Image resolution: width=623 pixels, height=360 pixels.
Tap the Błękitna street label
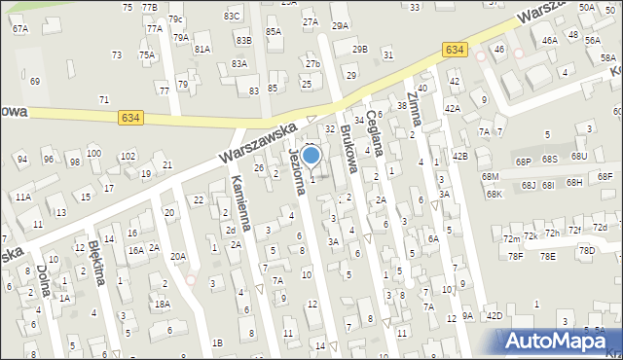pos(96,262)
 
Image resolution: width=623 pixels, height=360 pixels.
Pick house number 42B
pos(459,156)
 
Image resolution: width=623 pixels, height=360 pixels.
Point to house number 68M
pos(490,176)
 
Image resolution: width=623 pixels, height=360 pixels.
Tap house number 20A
pos(177,257)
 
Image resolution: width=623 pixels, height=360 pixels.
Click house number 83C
pos(231,17)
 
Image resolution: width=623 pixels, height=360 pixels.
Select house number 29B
pos(359,49)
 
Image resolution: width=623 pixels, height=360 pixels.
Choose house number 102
pos(127,157)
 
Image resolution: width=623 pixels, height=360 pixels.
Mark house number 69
pos(35,81)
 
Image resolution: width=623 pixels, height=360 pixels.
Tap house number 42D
pos(495,316)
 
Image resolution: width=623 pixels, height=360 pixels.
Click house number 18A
pos(161,304)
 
